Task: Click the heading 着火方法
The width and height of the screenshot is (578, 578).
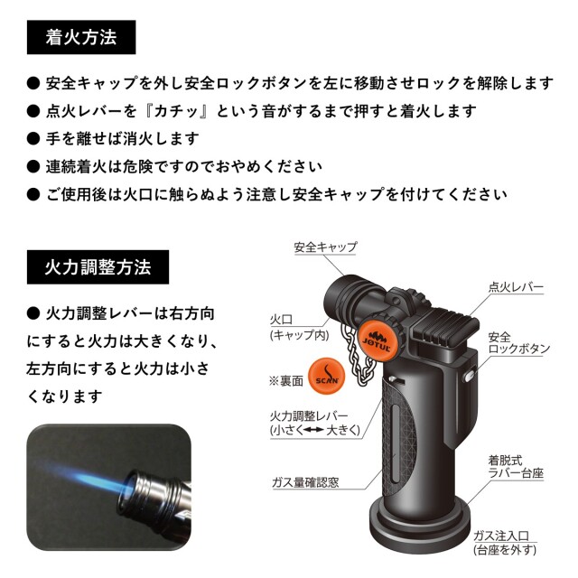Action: click(81, 38)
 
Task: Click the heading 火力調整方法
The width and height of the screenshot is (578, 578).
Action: click(98, 268)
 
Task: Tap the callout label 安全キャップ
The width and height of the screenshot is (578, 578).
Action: click(326, 247)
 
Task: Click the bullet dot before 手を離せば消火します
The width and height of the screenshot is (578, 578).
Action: click(33, 139)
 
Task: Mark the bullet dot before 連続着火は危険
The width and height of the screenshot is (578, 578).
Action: click(33, 167)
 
